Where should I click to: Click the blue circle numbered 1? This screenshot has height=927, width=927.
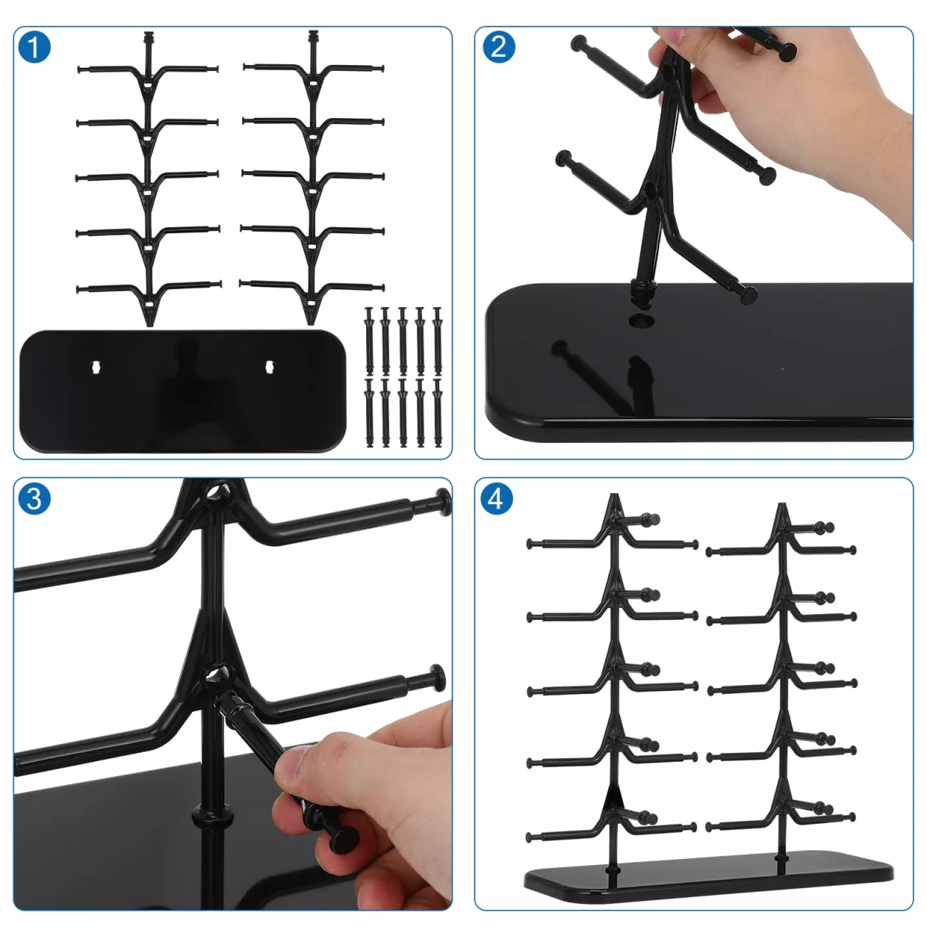[34, 47]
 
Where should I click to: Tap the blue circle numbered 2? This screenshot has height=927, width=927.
[498, 47]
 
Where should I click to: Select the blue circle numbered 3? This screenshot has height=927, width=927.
[34, 500]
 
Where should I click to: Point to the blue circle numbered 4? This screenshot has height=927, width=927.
[497, 500]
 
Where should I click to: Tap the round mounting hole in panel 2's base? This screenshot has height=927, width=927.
[641, 320]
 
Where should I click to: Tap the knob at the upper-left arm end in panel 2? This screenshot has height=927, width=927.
[579, 44]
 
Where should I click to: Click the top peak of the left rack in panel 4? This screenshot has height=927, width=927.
[614, 496]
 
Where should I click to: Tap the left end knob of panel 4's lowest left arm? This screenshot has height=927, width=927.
[530, 838]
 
